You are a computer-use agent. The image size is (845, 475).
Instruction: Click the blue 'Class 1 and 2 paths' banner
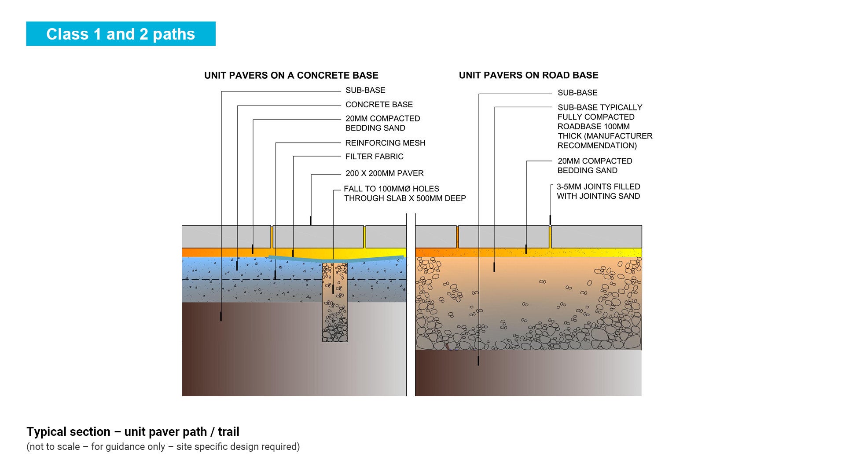[x=121, y=34]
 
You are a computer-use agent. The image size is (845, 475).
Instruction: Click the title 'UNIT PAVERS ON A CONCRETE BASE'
[x=291, y=75]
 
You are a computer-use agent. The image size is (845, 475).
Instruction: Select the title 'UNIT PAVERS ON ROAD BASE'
[x=528, y=75]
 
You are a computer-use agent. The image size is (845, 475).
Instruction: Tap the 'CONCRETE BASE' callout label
[x=379, y=105]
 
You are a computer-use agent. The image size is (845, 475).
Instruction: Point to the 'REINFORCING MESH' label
[x=385, y=143]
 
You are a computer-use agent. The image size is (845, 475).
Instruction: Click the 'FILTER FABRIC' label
[x=374, y=157]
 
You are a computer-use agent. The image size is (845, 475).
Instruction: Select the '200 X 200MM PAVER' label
[x=384, y=173]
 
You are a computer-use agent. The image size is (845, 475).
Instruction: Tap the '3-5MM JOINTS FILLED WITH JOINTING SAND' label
[x=598, y=191]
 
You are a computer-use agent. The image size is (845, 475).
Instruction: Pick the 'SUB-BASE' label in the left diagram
[x=365, y=90]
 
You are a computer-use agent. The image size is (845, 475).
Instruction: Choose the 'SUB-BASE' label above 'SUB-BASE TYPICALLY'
[x=577, y=93]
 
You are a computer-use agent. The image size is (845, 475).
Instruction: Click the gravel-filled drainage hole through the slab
[x=335, y=308]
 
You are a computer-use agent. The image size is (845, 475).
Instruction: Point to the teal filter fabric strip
[x=374, y=258]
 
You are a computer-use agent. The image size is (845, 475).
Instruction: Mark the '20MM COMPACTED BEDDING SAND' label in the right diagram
[x=595, y=166]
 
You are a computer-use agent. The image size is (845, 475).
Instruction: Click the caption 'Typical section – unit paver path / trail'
[x=133, y=432]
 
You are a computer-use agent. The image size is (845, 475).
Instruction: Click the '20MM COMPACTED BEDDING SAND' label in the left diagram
[x=382, y=123]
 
